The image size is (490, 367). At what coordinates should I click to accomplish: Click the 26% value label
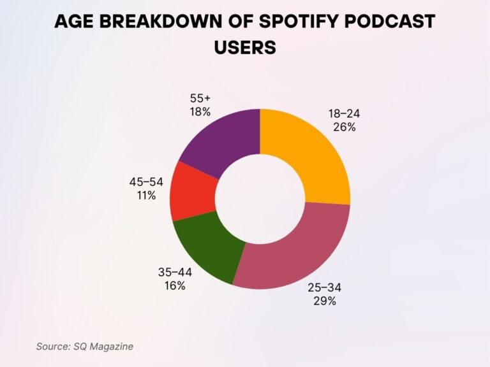click(344, 127)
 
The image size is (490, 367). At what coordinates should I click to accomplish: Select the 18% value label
click(200, 112)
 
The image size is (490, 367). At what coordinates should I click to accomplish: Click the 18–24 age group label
click(344, 113)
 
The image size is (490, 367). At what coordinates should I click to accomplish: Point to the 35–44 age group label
click(175, 272)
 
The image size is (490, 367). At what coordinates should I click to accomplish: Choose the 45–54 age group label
click(146, 182)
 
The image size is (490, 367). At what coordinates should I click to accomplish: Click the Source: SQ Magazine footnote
click(85, 347)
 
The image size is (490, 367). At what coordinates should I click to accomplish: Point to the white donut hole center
click(260, 198)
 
